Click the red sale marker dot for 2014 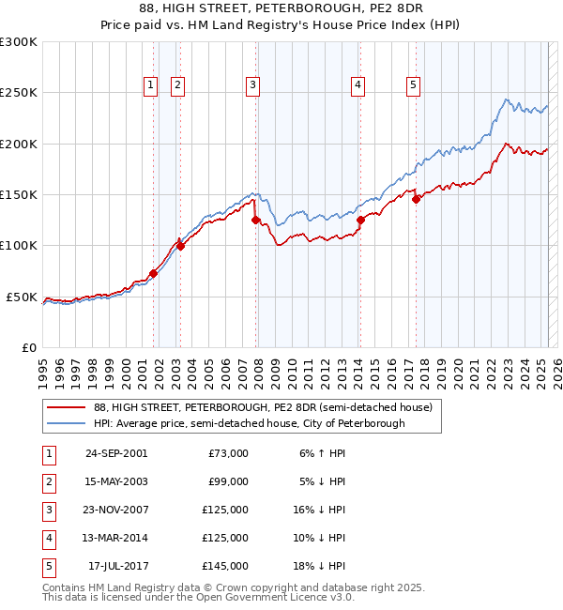coord(360,221)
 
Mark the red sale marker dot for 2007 coord(255,220)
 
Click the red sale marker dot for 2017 coord(416,199)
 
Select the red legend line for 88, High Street coord(66,407)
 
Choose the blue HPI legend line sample coord(66,423)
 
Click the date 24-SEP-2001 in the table coord(116,453)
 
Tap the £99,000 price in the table coord(229,481)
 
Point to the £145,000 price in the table coord(226,566)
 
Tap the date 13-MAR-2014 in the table coord(116,538)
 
